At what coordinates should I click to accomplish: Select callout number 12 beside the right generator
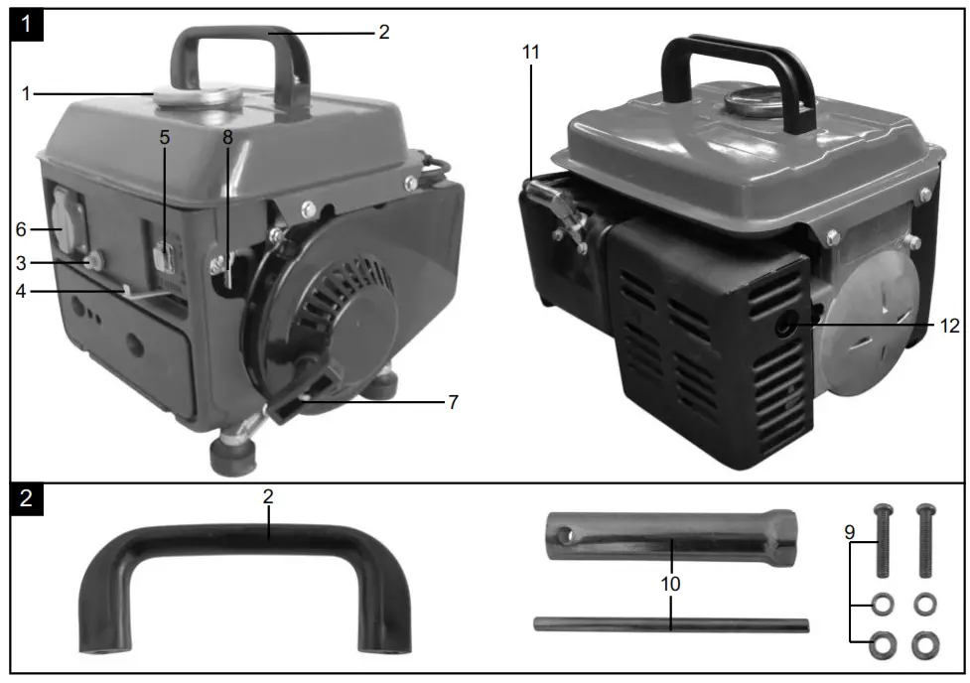(948, 325)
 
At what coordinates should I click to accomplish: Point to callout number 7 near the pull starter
(452, 402)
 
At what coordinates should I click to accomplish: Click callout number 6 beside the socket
(21, 227)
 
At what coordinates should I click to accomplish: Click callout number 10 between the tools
(671, 584)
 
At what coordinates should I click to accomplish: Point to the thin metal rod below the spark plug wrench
(670, 624)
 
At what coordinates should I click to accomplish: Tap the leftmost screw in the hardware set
(881, 541)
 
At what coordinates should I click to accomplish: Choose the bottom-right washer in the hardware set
(925, 645)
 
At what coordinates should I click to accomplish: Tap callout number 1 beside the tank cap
(27, 93)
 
